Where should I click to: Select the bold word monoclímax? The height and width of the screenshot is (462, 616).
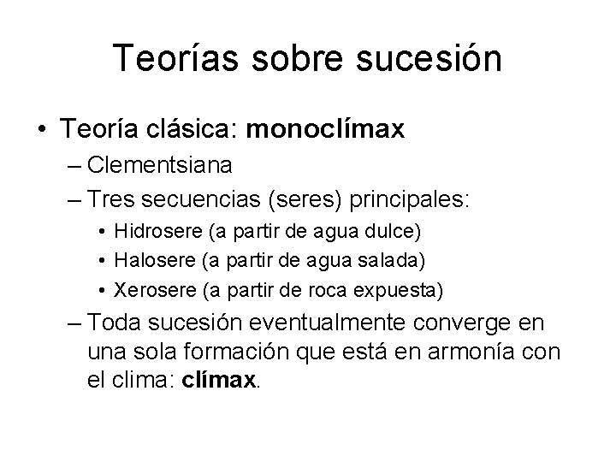click(325, 131)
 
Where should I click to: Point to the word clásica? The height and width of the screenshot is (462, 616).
click(193, 131)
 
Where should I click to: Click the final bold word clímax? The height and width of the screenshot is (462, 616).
click(221, 380)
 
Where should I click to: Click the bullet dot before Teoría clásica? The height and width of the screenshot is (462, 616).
click(40, 131)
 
